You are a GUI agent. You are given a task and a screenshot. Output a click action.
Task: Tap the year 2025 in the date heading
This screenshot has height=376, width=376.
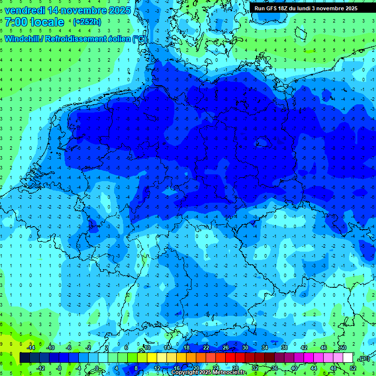119,10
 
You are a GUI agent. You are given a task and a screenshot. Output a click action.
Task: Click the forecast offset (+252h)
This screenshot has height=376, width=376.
87,22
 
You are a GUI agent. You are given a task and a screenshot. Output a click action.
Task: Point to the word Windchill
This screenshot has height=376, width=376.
23,39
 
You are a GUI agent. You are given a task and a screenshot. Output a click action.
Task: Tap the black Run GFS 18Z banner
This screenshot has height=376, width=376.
306,8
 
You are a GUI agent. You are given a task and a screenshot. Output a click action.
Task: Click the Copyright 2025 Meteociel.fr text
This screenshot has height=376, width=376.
208,373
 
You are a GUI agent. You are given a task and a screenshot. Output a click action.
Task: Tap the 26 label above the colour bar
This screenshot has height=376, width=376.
225,348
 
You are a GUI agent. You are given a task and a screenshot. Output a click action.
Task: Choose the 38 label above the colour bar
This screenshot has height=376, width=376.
284,348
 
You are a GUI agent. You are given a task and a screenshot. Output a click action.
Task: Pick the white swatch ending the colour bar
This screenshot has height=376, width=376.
348,358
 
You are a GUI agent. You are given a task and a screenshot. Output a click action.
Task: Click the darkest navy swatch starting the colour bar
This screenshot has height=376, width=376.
24,358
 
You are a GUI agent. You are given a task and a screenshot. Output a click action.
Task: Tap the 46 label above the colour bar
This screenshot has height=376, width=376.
323,348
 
